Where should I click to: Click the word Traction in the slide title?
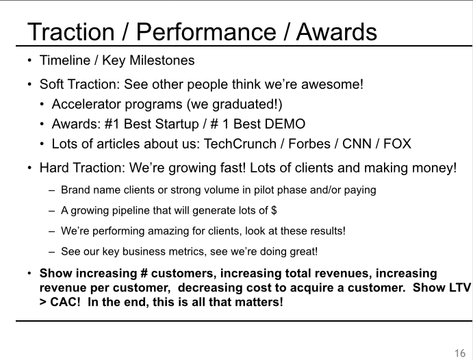[x=71, y=31]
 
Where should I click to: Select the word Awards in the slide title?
[x=337, y=31]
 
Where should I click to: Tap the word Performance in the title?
[x=206, y=31]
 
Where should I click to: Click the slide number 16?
[x=460, y=353]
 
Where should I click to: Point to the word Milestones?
[x=162, y=60]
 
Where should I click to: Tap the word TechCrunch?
[x=240, y=144]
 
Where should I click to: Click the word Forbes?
[x=309, y=144]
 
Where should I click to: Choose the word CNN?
[x=357, y=144]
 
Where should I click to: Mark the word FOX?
[x=397, y=144]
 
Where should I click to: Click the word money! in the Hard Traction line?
[x=435, y=168]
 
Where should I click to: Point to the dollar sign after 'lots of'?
[x=274, y=210]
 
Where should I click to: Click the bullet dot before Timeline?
[x=29, y=60]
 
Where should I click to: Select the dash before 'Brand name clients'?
[x=51, y=190]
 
